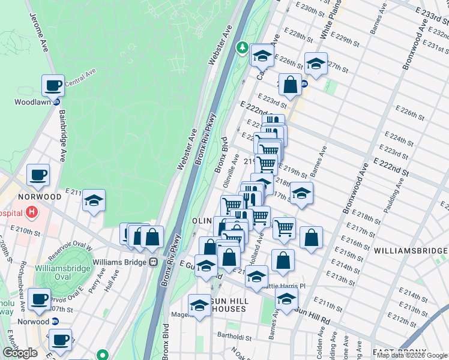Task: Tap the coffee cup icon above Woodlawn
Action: (x=53, y=85)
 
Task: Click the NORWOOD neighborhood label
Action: (x=40, y=197)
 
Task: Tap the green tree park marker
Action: (x=243, y=47)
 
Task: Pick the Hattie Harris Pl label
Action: (x=283, y=287)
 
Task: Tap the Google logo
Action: (x=21, y=353)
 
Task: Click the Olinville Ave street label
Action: (x=232, y=174)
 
